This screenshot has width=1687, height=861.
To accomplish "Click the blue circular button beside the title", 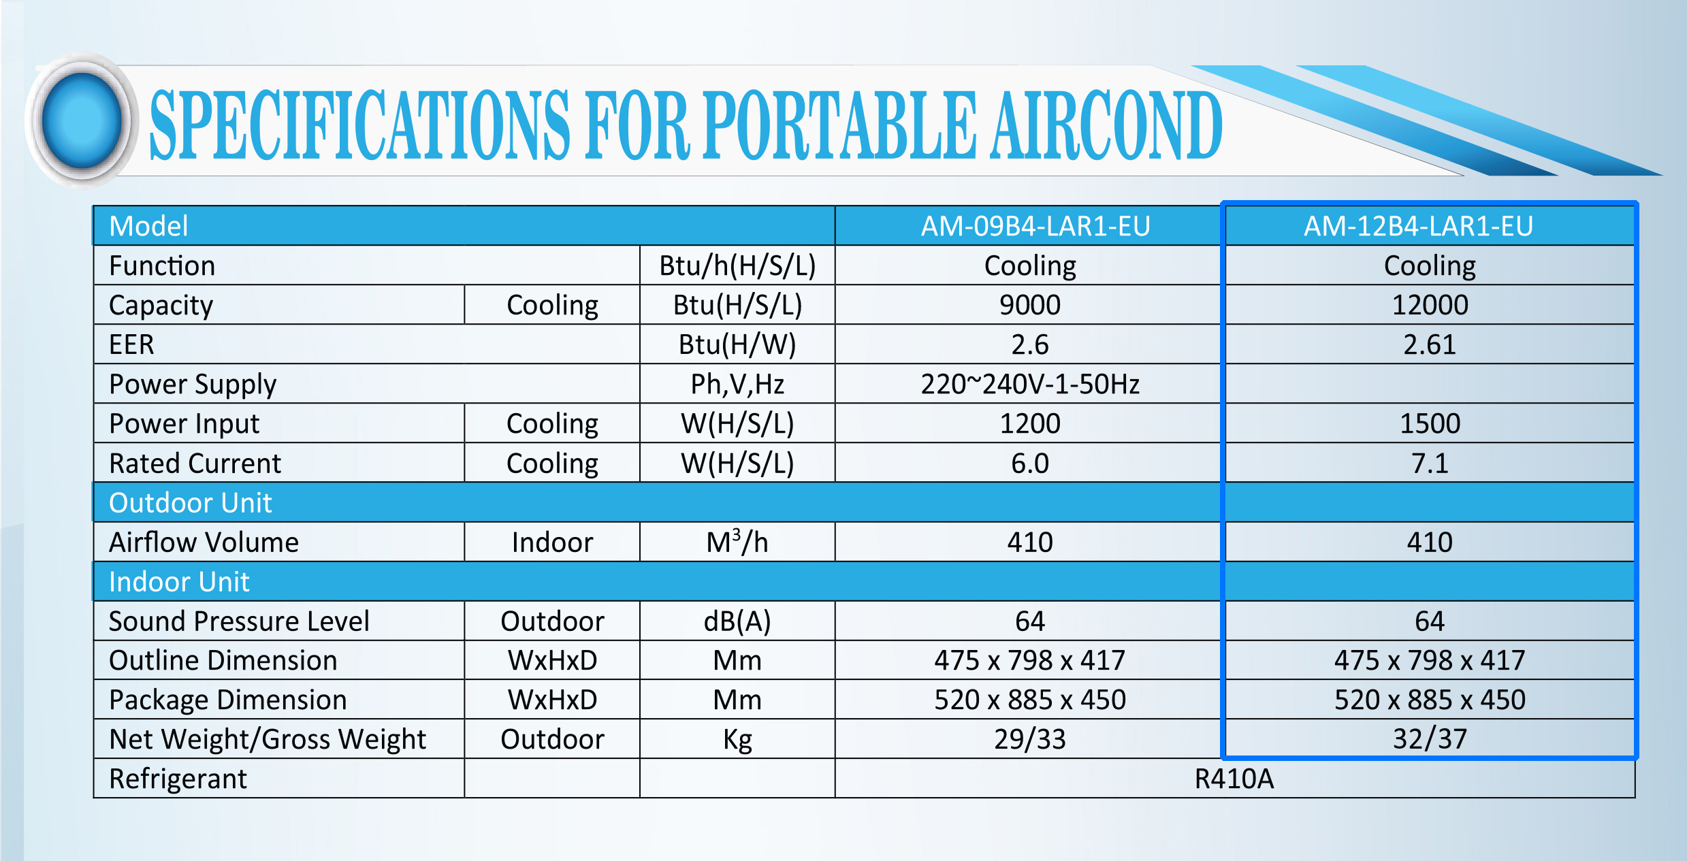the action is (x=82, y=120).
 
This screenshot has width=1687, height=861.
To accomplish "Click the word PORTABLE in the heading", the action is (x=840, y=126).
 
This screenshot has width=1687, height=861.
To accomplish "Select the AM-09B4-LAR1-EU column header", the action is (x=1035, y=226).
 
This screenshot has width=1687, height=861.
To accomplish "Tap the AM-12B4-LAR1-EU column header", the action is (x=1419, y=226).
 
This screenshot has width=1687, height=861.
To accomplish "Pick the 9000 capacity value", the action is (x=1030, y=305).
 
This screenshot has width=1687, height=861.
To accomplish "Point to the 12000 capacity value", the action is (x=1430, y=305).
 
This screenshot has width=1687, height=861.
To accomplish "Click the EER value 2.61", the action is (x=1430, y=344).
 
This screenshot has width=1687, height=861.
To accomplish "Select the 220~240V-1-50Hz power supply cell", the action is (x=1030, y=384).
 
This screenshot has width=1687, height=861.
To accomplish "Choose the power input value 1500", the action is (x=1430, y=423).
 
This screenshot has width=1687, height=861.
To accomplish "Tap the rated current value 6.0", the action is (x=1030, y=463).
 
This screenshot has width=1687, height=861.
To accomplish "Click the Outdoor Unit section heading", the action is (x=191, y=503).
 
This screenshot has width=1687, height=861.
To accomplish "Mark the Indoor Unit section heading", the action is (x=180, y=582).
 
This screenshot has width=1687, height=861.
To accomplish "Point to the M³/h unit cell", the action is (x=737, y=542).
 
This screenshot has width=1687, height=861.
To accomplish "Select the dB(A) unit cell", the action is (x=737, y=621).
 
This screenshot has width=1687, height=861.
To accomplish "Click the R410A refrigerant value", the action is (x=1234, y=779).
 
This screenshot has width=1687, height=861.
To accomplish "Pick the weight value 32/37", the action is (x=1430, y=739).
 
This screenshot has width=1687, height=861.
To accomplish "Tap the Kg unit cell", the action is (x=737, y=740).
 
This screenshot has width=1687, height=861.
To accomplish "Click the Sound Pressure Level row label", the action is (x=239, y=621).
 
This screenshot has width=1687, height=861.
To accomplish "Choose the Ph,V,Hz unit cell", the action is (x=737, y=385).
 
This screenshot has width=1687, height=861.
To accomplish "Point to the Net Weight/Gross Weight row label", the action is (x=268, y=740).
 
